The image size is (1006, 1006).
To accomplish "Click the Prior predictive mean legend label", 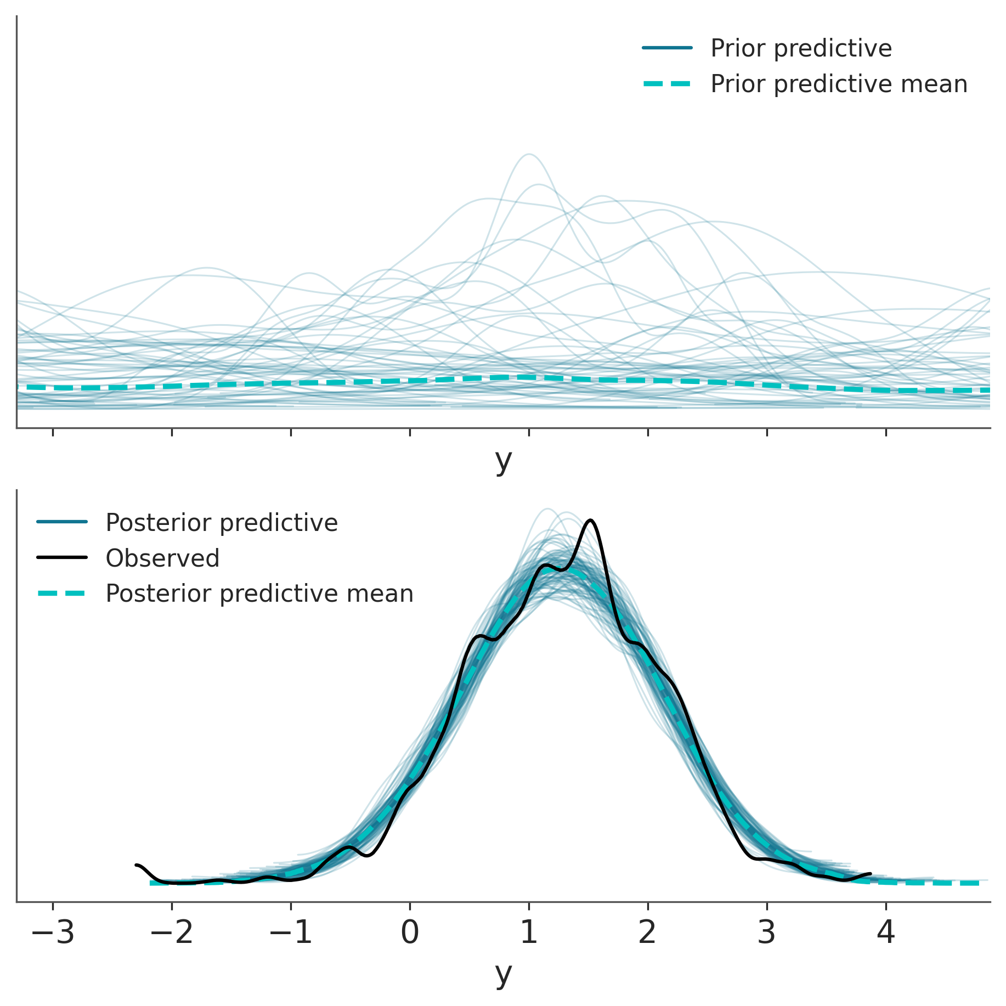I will [x=839, y=84].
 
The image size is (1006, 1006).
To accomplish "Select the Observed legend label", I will [x=162, y=558].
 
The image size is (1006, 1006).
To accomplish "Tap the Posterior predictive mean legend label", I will [x=259, y=594].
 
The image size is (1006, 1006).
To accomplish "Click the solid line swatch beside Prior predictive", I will [x=668, y=48].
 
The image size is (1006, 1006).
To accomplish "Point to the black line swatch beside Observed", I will [x=62, y=558].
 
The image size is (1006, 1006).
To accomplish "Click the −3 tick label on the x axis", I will [x=53, y=933].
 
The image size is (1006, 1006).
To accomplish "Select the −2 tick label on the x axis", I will [x=172, y=933].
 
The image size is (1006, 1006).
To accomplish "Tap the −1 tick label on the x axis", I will [x=291, y=933].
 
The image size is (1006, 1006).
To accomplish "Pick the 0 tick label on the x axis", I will [x=410, y=933].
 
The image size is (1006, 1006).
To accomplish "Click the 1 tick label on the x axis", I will [x=529, y=933].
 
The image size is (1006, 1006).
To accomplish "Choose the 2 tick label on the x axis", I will [x=648, y=933].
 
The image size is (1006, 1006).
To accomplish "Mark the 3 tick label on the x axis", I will [x=767, y=933].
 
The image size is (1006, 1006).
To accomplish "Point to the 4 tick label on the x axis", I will [x=886, y=933].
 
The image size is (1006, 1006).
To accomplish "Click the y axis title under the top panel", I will [x=503, y=461].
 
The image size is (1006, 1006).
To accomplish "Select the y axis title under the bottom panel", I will [x=503, y=974].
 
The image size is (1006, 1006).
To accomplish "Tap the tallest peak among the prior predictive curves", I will [x=529, y=154].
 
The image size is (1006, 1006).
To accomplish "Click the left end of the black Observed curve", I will [x=136, y=865].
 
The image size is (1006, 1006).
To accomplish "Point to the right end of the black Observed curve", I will [x=871, y=873].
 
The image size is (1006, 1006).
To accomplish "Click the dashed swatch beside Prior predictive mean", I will [x=668, y=84].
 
